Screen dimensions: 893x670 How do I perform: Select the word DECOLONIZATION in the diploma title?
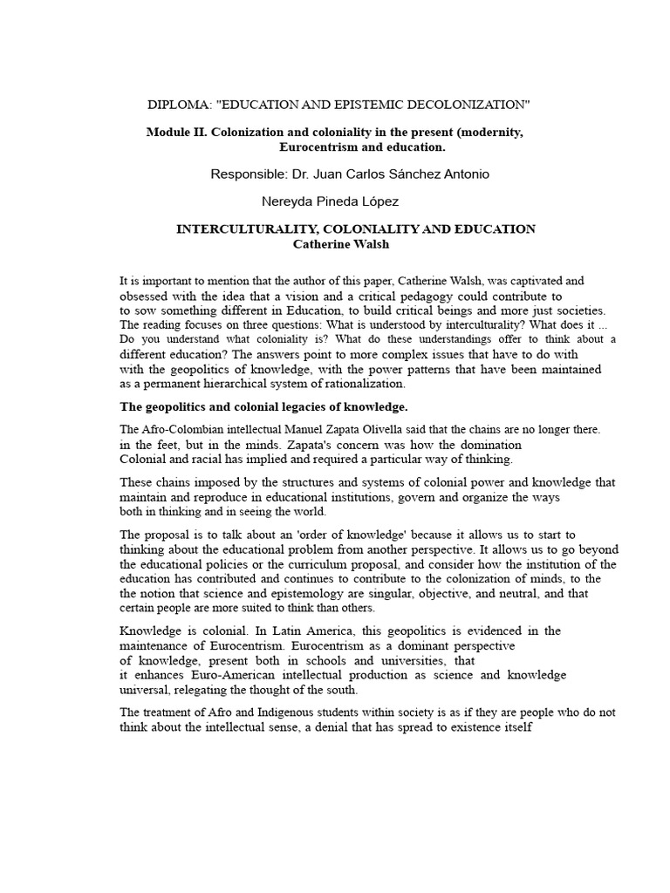point(466,106)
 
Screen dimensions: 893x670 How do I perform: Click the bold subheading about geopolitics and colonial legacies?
point(263,407)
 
